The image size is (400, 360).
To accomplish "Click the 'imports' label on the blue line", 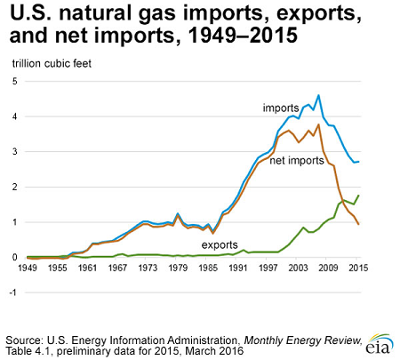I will [x=280, y=108].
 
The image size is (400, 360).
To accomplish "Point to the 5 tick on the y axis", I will [x=13, y=82].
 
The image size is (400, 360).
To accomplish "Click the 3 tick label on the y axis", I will [x=13, y=152].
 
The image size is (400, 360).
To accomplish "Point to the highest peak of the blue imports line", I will [x=319, y=95].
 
